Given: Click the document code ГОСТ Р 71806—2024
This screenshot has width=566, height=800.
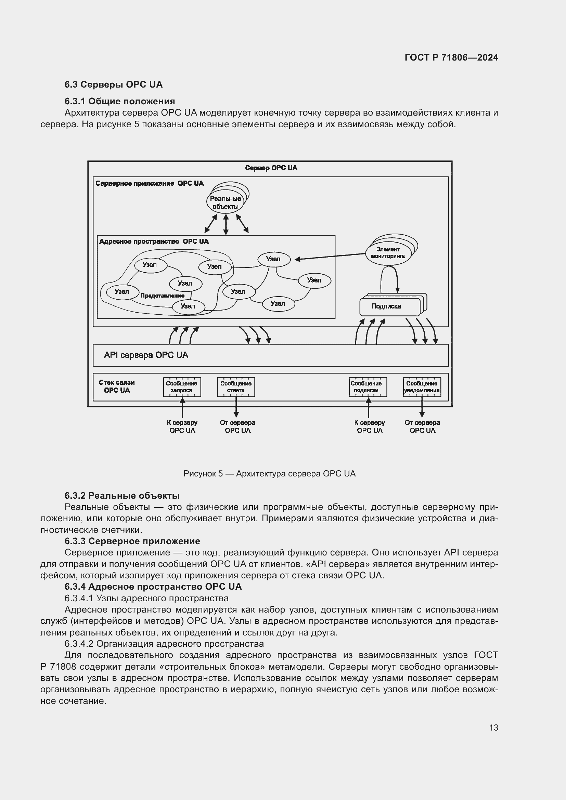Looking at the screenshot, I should click(x=451, y=57).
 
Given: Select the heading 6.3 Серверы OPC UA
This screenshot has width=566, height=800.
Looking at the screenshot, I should click(x=113, y=85).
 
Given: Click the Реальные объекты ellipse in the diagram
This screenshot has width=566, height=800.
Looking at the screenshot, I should click(x=225, y=202).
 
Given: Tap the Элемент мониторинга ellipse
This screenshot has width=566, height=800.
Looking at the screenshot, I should click(x=388, y=253).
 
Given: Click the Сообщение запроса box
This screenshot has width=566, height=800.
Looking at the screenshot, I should click(x=182, y=387).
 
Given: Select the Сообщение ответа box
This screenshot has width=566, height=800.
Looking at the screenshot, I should click(x=236, y=387).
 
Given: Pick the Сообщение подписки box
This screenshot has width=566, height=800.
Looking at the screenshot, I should click(x=368, y=387).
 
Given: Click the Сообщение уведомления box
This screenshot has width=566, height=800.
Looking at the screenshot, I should click(x=422, y=387).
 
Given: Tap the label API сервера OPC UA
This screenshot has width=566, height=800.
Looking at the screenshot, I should click(x=146, y=355).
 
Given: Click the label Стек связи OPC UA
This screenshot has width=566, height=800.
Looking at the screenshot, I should click(x=116, y=386).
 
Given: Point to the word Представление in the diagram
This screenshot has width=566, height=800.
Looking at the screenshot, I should click(x=162, y=296).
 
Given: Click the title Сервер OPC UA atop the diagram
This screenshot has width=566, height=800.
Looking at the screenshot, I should click(x=271, y=168).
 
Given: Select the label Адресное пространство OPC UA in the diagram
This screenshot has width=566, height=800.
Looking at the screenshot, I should click(x=154, y=241).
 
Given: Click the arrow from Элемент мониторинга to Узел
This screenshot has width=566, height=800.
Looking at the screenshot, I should click(x=331, y=257).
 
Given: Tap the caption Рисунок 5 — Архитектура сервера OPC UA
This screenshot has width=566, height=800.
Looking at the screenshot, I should click(x=269, y=473).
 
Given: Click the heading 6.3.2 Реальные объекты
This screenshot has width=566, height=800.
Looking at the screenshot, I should click(x=122, y=496).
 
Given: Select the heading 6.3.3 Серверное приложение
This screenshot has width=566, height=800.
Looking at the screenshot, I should click(x=132, y=541).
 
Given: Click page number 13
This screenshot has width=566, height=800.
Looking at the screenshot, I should click(x=493, y=727).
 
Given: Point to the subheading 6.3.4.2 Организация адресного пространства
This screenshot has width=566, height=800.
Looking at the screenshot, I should click(x=164, y=644).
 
